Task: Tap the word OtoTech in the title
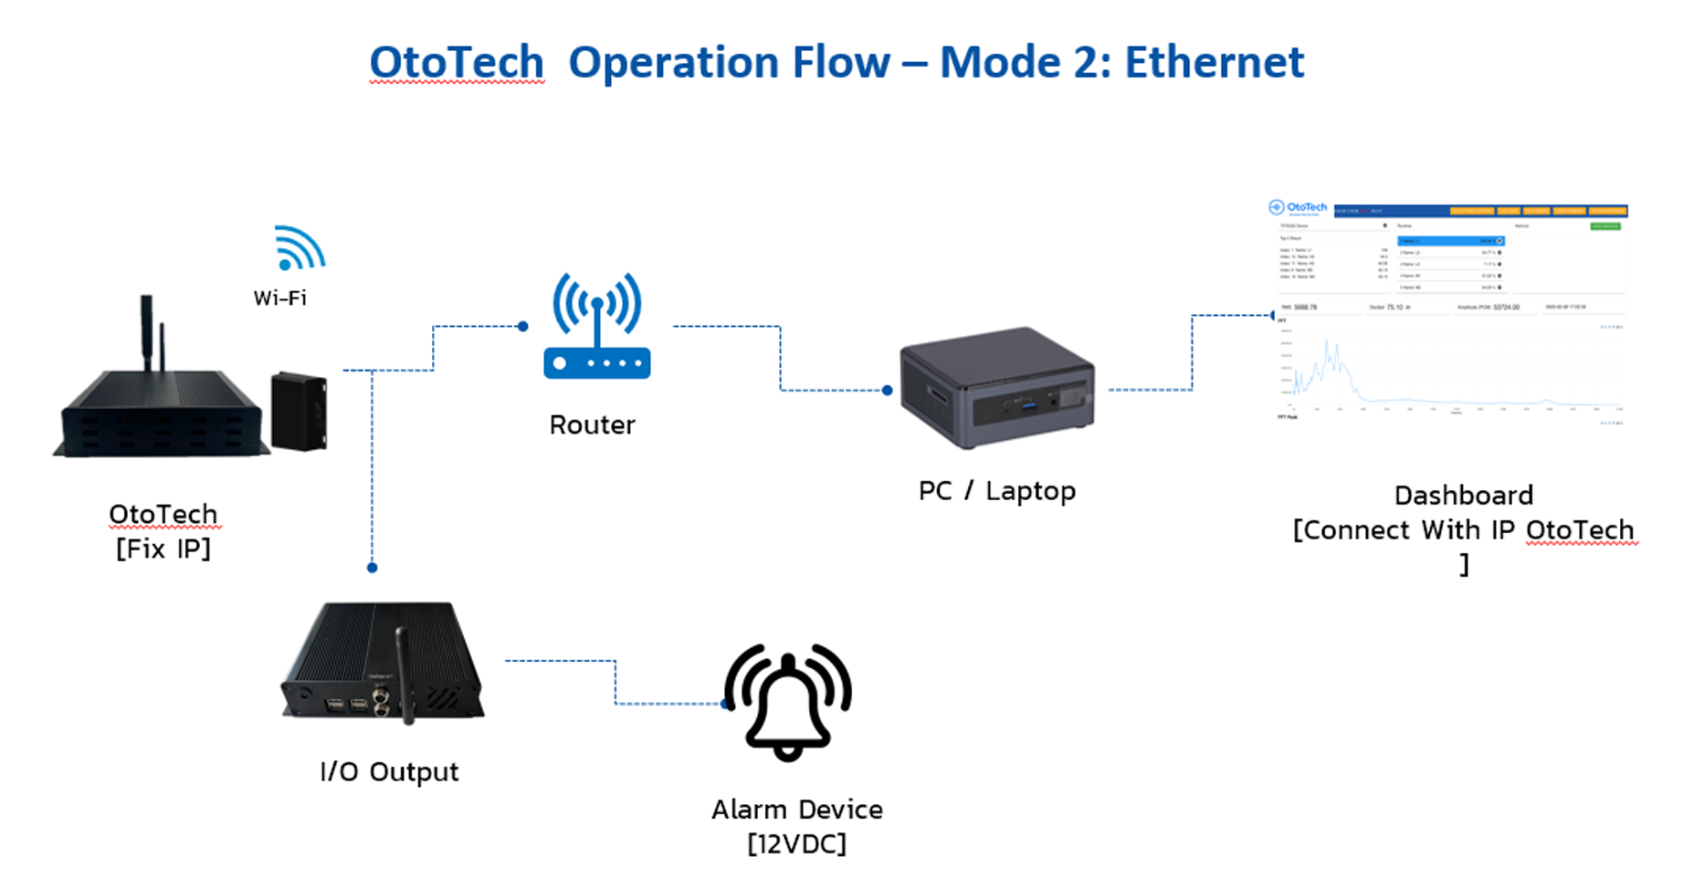point(457,62)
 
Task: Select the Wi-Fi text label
point(280,298)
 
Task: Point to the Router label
point(592,424)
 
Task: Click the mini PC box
point(996,388)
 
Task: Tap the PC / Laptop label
point(996,491)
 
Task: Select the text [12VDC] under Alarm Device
point(796,844)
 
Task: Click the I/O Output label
point(389,772)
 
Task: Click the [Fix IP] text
point(163,549)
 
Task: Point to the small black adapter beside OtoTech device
point(299,411)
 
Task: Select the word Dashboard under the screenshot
point(1463,496)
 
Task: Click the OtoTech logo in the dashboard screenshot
point(1298,208)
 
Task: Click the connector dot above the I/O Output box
point(372,568)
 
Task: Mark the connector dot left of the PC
point(887,391)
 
